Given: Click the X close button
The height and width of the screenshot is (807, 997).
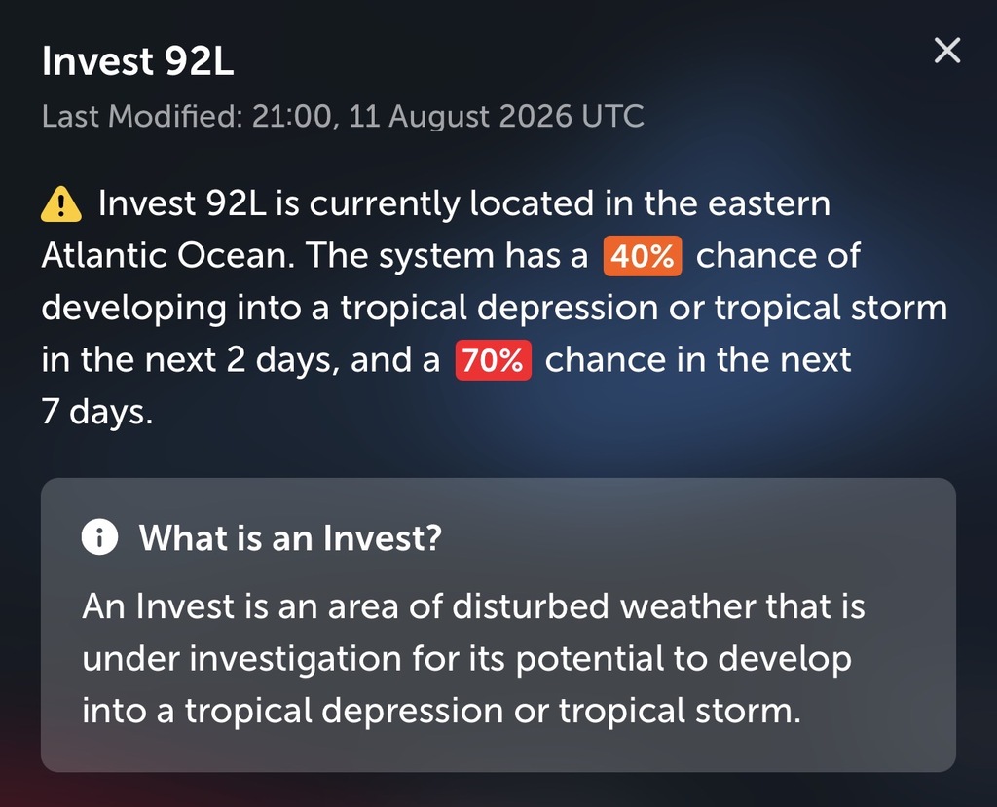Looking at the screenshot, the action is click(947, 51).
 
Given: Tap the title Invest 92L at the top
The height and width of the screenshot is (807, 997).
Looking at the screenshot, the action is click(138, 61).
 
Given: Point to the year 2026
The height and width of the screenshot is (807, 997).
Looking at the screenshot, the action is click(535, 117).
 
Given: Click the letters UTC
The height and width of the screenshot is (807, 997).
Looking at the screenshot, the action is click(612, 117).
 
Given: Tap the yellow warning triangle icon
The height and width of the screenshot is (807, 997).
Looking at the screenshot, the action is click(61, 204).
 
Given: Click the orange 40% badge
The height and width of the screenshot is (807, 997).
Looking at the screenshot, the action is click(643, 256).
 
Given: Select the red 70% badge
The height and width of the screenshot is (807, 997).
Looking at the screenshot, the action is click(494, 360).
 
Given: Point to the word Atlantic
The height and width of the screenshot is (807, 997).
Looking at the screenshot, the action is click(103, 256).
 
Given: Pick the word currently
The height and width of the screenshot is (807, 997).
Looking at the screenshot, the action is click(384, 205).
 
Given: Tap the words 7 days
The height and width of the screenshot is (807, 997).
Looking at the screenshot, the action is click(97, 412).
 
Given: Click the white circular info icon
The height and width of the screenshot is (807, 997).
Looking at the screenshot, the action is click(100, 537).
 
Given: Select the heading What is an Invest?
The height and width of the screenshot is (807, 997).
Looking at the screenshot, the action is click(290, 538).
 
